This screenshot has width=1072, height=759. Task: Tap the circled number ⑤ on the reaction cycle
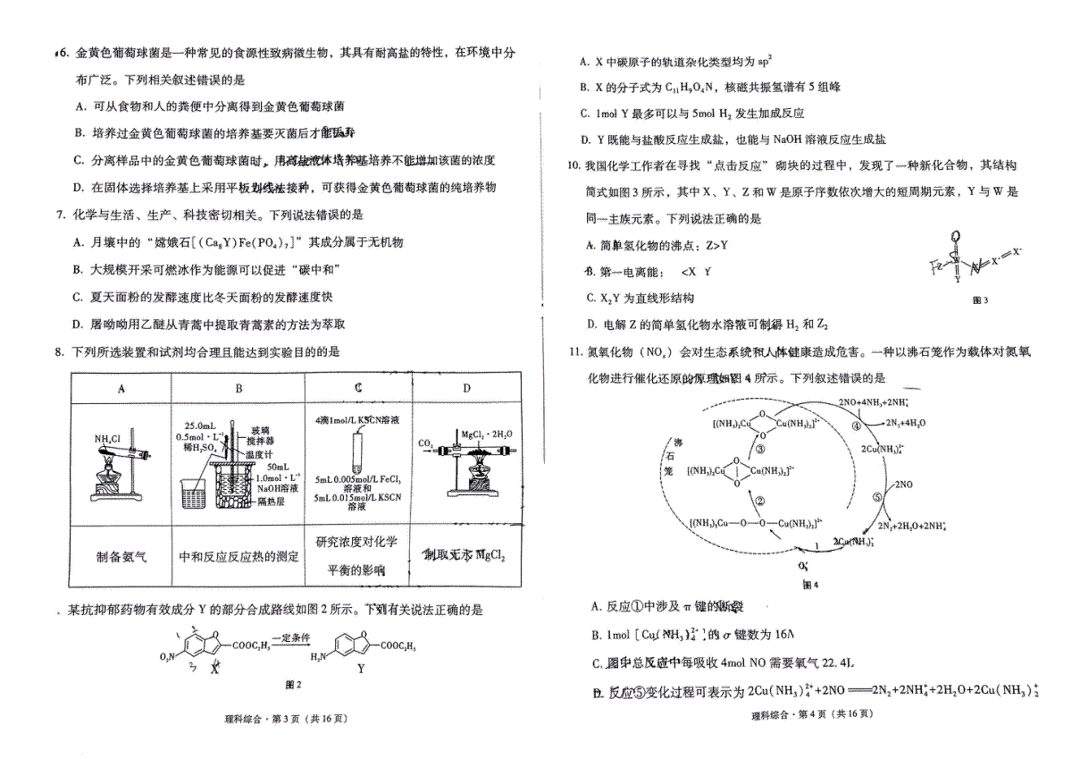(x=876, y=498)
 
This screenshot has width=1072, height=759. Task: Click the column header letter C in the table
(x=357, y=388)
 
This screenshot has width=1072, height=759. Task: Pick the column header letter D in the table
(x=466, y=388)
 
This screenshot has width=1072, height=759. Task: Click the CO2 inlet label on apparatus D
(x=425, y=442)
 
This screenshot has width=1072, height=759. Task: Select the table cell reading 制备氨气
(x=121, y=556)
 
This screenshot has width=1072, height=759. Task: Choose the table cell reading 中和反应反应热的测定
(x=239, y=556)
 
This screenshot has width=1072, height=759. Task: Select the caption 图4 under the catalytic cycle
(x=810, y=585)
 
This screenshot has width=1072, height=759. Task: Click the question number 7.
(x=58, y=215)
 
